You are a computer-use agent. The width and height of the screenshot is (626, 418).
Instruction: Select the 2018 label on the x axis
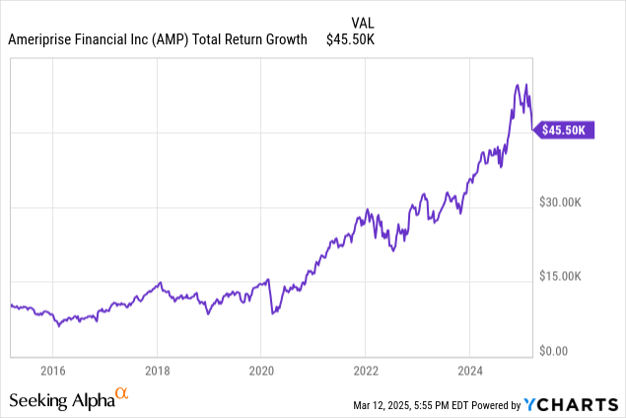[x=157, y=371]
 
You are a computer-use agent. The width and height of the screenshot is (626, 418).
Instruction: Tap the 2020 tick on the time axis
[x=261, y=371]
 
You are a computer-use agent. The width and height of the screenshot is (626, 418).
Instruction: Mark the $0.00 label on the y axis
[x=556, y=351]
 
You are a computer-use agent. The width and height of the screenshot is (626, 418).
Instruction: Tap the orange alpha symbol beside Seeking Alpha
[x=122, y=394]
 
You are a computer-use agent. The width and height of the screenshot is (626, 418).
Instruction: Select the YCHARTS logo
[x=572, y=404]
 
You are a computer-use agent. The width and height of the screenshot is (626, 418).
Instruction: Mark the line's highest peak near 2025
[x=527, y=85]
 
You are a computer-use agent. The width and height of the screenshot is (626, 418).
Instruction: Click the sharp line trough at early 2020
[x=272, y=313]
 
